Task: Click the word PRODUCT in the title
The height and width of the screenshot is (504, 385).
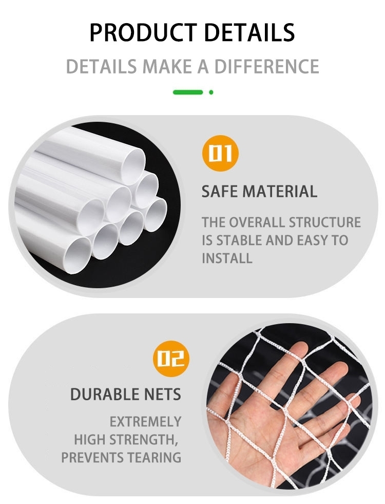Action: pos(143,32)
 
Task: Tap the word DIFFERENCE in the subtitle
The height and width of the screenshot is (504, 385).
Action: pos(267,66)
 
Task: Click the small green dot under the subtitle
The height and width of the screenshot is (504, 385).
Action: pos(211,92)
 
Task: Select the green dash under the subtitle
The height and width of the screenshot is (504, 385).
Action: pos(188,92)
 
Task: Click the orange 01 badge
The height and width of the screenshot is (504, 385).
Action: pos(220,153)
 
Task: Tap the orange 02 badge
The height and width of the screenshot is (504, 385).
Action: pos(171,359)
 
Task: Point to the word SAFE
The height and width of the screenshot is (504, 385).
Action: pos(220,192)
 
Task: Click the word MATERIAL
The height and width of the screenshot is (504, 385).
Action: pos(280,192)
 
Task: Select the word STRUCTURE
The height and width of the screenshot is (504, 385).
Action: pos(324,222)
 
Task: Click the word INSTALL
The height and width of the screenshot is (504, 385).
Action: pos(227,258)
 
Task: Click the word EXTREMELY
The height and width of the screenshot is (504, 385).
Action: pos(146,422)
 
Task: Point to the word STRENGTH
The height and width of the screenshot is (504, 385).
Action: pos(144,439)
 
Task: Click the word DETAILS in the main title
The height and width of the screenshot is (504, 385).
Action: pos(249,32)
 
